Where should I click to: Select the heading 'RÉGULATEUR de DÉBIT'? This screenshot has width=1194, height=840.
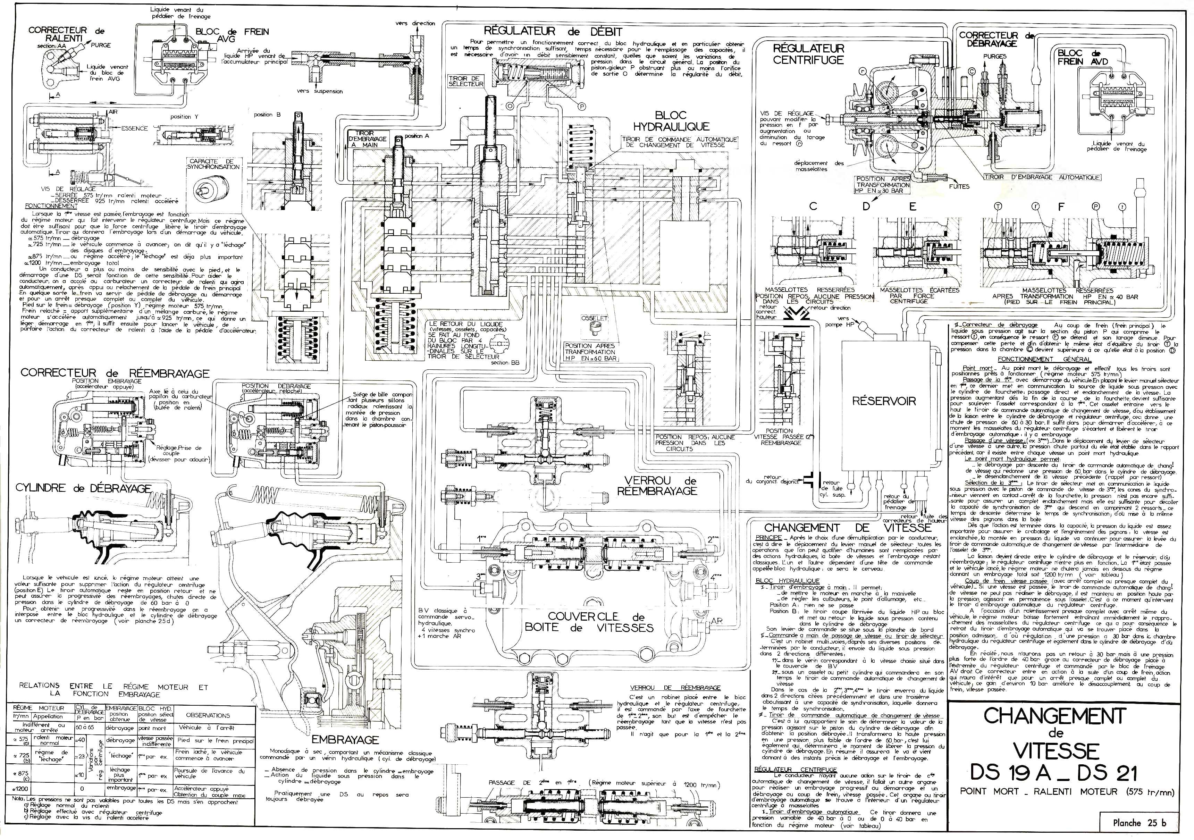[553, 31]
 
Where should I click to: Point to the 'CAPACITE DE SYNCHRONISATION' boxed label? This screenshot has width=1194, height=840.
[214, 164]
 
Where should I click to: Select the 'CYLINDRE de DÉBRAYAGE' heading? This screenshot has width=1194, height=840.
[83, 488]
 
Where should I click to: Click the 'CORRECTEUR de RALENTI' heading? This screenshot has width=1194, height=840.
[66, 34]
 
